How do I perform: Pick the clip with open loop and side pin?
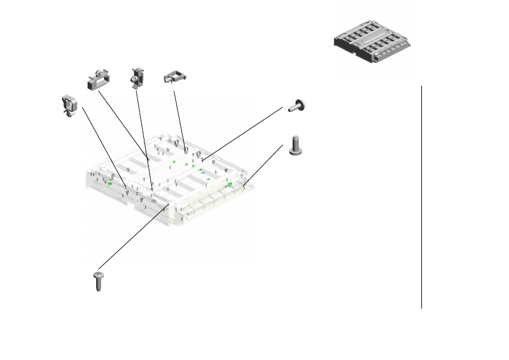pyautogui.click(x=174, y=77)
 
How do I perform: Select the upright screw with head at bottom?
pyautogui.click(x=296, y=145)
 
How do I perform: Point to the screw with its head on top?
pyautogui.click(x=98, y=281)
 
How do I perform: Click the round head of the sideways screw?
pyautogui.click(x=300, y=104)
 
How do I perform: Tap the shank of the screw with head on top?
pyautogui.click(x=98, y=285)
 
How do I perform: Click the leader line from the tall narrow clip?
pyautogui.click(x=144, y=133)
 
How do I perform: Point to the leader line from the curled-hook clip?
pyautogui.click(x=103, y=145)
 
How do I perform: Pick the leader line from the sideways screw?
pyautogui.click(x=242, y=134)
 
